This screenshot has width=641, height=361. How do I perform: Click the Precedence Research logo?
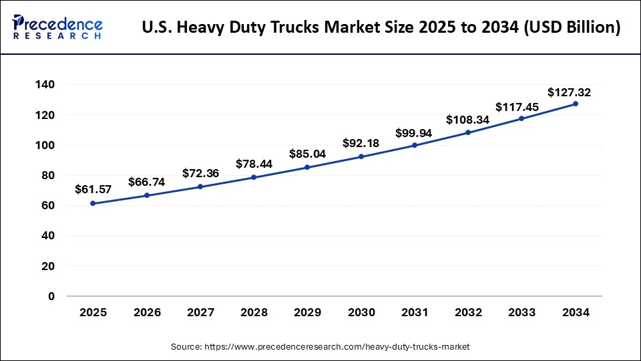[57, 27]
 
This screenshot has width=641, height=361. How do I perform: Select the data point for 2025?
[93, 203]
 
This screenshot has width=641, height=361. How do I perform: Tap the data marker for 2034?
[575, 104]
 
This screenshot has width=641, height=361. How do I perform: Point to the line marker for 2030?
[361, 156]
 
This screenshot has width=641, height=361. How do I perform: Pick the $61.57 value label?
[93, 190]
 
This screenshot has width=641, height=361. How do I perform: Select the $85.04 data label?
[307, 154]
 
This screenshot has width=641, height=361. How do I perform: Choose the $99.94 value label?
[414, 133]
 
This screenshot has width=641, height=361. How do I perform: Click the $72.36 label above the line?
[200, 173]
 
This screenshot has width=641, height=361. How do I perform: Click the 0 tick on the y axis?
[51, 296]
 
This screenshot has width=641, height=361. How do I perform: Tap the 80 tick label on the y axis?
[48, 176]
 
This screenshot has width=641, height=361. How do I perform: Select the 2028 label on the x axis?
[254, 312]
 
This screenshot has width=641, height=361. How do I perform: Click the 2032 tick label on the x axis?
[468, 312]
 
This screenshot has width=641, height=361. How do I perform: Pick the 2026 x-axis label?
[147, 312]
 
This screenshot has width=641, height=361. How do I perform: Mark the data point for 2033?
[521, 118]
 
